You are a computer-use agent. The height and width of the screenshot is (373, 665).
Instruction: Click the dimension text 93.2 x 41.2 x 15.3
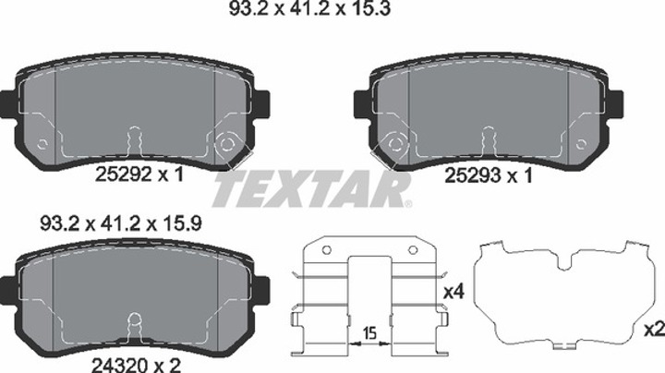pyautogui.click(x=309, y=8)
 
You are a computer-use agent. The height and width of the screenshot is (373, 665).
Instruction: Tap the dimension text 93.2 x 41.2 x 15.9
pyautogui.click(x=121, y=223)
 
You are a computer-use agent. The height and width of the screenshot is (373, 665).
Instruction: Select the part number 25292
pyautogui.click(x=124, y=174)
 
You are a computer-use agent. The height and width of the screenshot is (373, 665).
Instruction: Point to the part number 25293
pyautogui.click(x=473, y=175)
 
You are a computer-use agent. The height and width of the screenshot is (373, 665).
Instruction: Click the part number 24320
pyautogui.click(x=120, y=365)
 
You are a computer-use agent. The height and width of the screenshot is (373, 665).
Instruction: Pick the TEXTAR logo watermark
pyautogui.click(x=312, y=189)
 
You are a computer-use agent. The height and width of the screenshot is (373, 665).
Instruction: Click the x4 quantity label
pyautogui.click(x=454, y=292)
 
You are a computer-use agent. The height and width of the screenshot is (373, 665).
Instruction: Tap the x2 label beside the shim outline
pyautogui.click(x=655, y=329)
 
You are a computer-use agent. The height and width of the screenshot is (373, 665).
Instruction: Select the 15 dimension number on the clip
pyautogui.click(x=369, y=333)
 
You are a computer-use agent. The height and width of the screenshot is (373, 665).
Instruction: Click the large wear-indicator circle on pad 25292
pyautogui.click(x=226, y=144)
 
